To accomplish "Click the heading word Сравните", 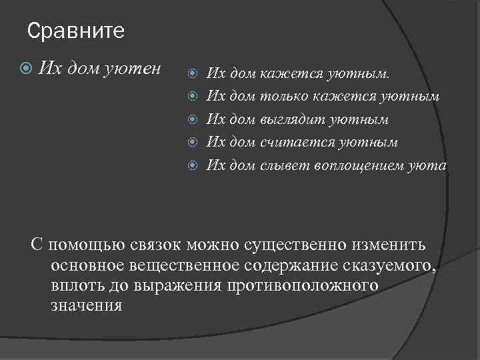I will pyautogui.click(x=77, y=31).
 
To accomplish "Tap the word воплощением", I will pyautogui.click(x=349, y=165).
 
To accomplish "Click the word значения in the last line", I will pyautogui.click(x=87, y=305).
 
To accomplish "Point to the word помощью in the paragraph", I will pyautogui.click(x=87, y=246).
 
